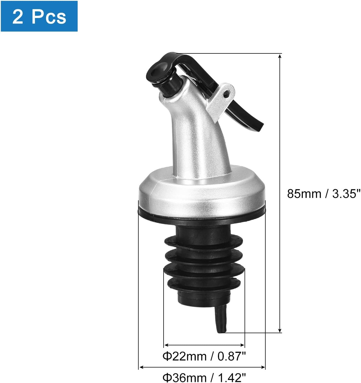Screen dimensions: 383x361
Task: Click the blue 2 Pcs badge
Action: [39, 16]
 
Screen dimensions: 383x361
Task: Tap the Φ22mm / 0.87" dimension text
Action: [204, 356]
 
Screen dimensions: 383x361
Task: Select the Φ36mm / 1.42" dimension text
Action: [204, 377]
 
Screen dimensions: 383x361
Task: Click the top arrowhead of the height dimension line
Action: [280, 56]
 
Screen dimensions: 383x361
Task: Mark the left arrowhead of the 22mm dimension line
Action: [166, 345]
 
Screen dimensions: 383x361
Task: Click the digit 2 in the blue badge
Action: [18, 17]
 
